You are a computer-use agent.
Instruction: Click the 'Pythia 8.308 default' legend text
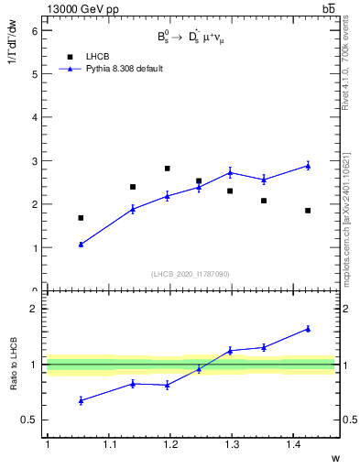(x=125, y=69)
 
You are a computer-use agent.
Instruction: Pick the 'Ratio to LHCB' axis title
(x=14, y=365)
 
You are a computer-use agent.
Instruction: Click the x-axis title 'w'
(x=334, y=457)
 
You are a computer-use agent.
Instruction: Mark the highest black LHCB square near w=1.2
(x=167, y=169)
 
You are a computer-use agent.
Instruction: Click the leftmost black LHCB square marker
(x=81, y=218)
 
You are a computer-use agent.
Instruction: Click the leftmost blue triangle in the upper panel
(x=81, y=245)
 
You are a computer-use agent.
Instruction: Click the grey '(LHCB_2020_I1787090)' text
(x=190, y=274)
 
